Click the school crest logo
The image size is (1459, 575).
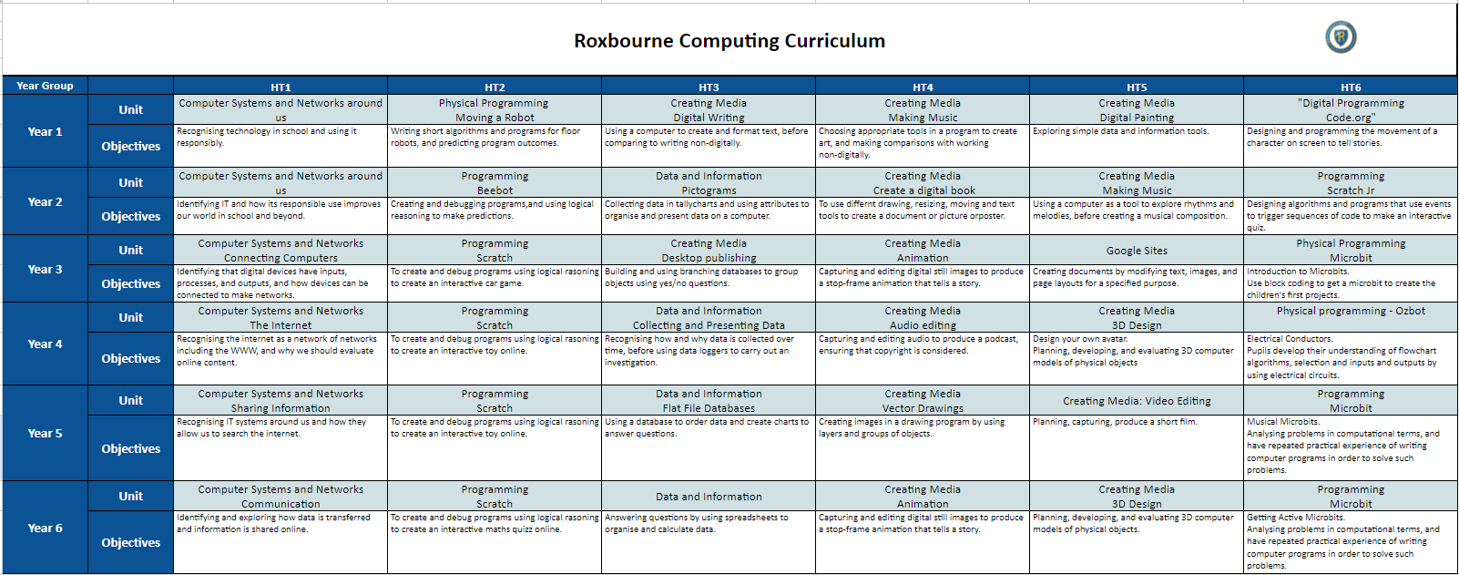tap(1340, 37)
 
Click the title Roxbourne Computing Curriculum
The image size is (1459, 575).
tap(729, 41)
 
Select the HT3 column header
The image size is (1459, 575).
tap(709, 87)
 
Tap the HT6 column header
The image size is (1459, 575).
tap(1351, 87)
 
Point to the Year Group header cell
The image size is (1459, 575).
tap(45, 86)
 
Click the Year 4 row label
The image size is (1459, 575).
tap(45, 344)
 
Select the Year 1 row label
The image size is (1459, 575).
tap(45, 131)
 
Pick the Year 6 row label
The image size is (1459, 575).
tap(45, 528)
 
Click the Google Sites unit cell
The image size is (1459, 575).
tap(1137, 251)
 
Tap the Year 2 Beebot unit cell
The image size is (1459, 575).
tap(495, 183)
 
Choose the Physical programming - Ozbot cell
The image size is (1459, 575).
tap(1351, 312)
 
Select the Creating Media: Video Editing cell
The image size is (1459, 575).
tap(1137, 401)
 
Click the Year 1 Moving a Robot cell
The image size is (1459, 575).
tap(495, 110)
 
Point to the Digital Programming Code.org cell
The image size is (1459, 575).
tap(1351, 110)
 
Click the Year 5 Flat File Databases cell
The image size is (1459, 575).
tap(709, 401)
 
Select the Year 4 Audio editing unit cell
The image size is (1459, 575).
tap(923, 318)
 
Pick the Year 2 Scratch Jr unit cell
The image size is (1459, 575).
tap(1351, 183)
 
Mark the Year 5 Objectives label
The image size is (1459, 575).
tap(131, 448)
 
